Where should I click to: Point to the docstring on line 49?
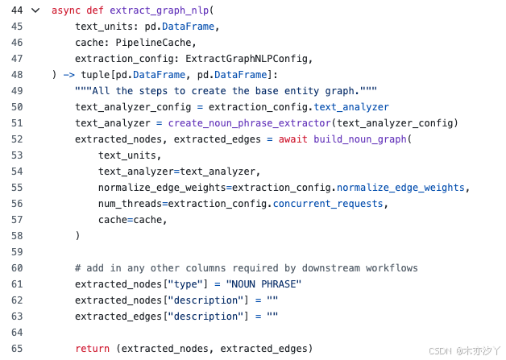pos(226,91)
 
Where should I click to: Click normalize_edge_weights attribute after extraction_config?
pos(400,188)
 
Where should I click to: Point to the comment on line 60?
pos(246,268)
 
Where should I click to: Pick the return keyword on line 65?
pos(93,349)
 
